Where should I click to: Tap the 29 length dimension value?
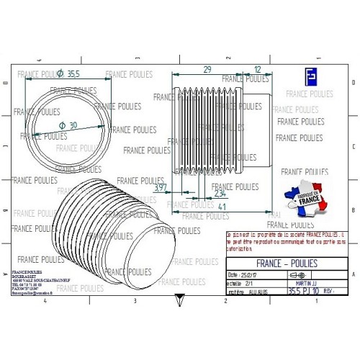click(x=207, y=69)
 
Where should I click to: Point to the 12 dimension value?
click(x=258, y=69)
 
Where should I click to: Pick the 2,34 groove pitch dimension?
click(x=220, y=194)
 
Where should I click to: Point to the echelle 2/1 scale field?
click(x=240, y=284)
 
